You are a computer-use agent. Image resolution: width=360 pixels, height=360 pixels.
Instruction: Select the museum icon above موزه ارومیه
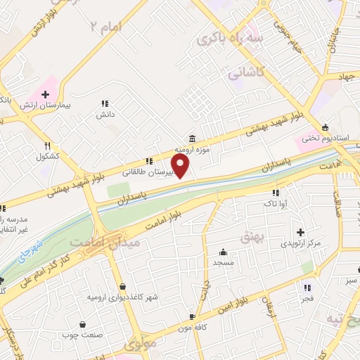(191, 139)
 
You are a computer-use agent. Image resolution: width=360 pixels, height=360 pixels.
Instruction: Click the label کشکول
(48, 156)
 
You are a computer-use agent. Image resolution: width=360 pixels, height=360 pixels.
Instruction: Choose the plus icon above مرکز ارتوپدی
(300, 232)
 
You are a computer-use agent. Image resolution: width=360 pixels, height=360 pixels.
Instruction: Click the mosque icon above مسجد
(224, 252)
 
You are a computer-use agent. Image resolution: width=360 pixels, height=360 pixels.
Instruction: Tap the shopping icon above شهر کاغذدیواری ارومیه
(124, 286)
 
